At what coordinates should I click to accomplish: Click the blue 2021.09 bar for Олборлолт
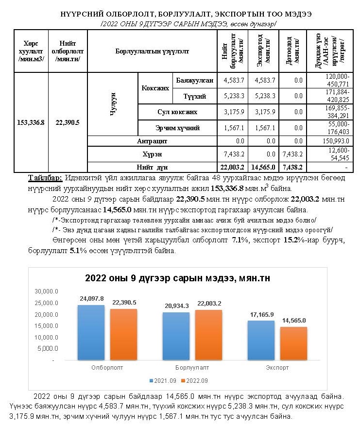pyautogui.click(x=91, y=333)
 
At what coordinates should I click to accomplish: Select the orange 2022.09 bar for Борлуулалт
pyautogui.click(x=209, y=335)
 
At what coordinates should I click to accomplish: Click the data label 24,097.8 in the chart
pyautogui.click(x=91, y=298)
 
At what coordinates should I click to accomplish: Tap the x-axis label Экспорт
pyautogui.click(x=277, y=368)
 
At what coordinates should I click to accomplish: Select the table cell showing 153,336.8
pyautogui.click(x=31, y=122)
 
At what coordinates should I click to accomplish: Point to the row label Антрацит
pyautogui.click(x=152, y=141)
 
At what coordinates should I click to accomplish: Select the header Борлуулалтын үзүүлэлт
pyautogui.click(x=152, y=51)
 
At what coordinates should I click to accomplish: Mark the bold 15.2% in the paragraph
pyautogui.click(x=283, y=241)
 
